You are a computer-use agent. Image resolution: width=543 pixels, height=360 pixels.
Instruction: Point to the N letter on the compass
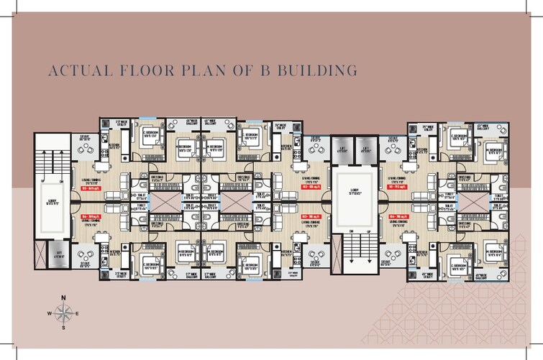63,297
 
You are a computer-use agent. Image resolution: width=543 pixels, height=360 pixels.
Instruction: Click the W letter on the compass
50,313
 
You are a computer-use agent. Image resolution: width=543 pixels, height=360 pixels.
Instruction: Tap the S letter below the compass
63,328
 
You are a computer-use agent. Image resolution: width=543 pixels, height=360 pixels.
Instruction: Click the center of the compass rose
63,313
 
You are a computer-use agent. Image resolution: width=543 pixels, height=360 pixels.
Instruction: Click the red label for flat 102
310,186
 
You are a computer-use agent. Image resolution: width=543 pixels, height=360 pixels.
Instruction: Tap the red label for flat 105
310,215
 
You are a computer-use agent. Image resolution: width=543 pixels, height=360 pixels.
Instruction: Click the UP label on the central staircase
360,231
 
